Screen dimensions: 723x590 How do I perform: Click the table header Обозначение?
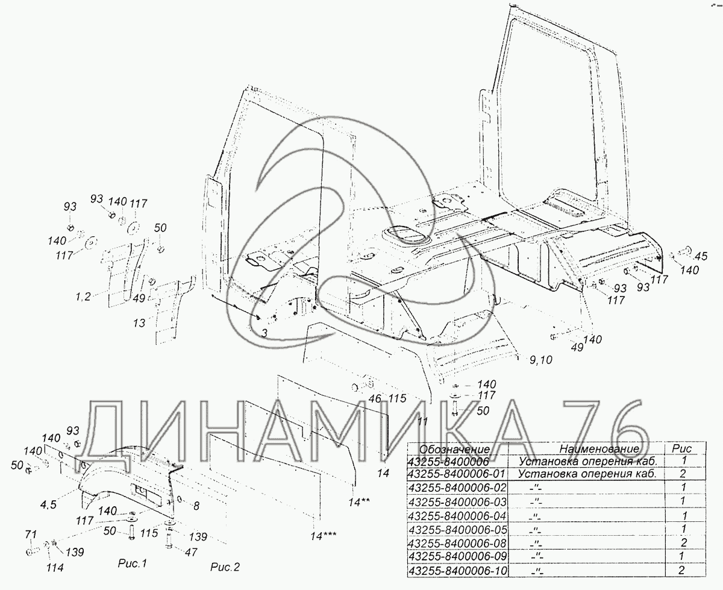[x=454, y=449]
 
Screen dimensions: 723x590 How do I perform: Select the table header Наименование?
[x=599, y=449]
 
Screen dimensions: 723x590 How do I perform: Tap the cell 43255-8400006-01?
[x=456, y=474]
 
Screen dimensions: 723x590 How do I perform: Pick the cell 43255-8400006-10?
[x=457, y=571]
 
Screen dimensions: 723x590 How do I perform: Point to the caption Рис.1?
[x=133, y=563]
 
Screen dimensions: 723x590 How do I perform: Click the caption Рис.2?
[x=225, y=567]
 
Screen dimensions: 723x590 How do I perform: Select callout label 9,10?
[x=541, y=360]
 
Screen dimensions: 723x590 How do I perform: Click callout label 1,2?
[x=83, y=296]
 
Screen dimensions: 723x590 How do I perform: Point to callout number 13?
[x=139, y=323]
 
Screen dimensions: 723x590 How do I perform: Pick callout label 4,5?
[x=48, y=504]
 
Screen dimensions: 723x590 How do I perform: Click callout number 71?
[x=31, y=535]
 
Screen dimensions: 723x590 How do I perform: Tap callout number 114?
[x=55, y=568]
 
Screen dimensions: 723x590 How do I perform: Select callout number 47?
[x=191, y=552]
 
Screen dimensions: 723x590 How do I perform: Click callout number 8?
[x=196, y=506]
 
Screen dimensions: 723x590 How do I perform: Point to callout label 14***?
[x=324, y=536]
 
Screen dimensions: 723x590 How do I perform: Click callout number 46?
[x=375, y=398]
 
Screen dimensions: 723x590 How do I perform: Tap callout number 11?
[x=423, y=421]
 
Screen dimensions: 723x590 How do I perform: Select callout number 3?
[x=264, y=333]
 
